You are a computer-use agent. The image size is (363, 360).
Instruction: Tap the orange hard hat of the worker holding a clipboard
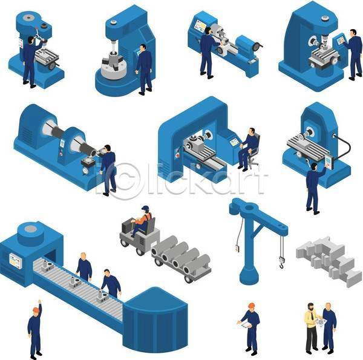[251, 305]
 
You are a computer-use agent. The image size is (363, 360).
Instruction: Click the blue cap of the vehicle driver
[145, 208]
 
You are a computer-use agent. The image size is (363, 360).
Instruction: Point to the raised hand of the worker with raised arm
[39, 301]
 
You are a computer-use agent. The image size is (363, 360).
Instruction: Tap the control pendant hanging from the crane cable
[237, 248]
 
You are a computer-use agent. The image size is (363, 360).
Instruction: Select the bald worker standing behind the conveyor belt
[84, 267]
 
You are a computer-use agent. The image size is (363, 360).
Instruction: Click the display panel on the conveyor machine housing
[16, 260]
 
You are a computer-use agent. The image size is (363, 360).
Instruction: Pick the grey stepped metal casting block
[329, 261]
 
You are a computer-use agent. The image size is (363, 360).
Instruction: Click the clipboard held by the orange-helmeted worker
[246, 325]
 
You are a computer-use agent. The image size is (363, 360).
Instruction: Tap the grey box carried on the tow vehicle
[127, 226]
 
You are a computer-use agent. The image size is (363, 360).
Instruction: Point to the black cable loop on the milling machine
[344, 146]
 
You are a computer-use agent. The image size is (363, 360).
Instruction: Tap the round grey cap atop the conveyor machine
[31, 229]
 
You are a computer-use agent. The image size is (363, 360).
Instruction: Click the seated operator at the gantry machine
[247, 149]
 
